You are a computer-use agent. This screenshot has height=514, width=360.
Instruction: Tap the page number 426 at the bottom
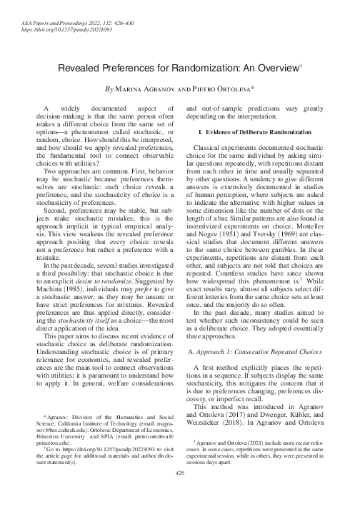point(179,493)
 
